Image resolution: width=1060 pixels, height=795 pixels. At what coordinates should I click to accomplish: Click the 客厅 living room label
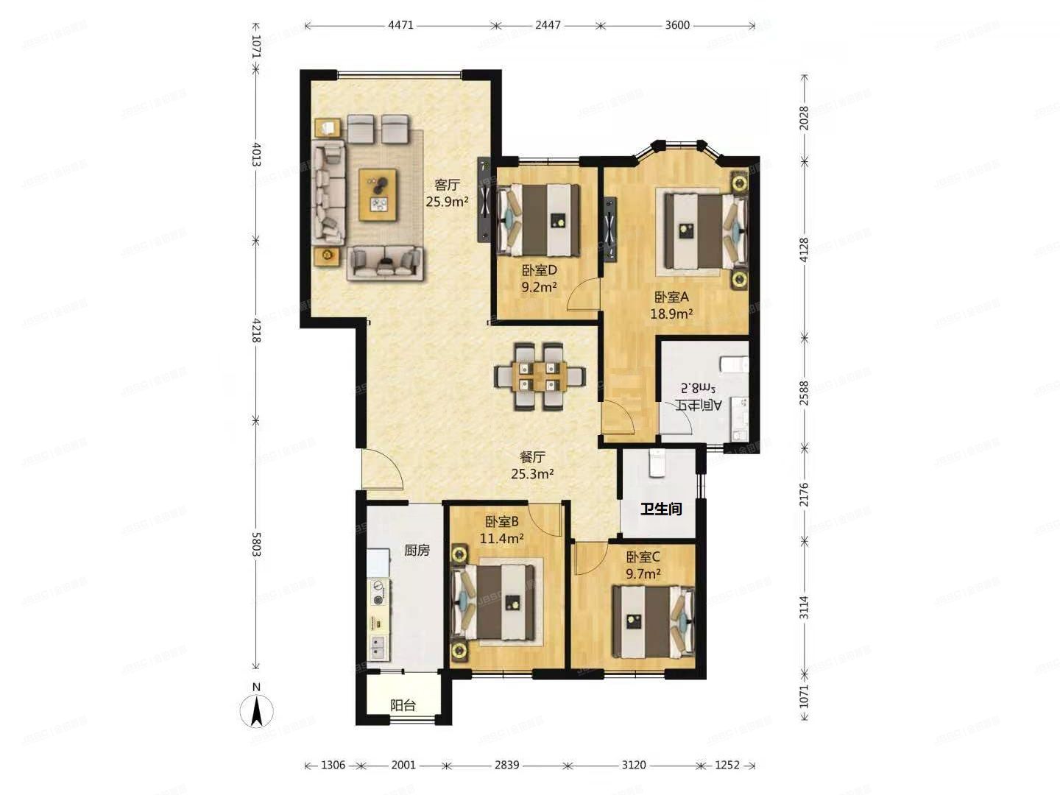click(x=447, y=185)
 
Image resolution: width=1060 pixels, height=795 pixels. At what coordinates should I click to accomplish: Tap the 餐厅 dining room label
click(x=532, y=457)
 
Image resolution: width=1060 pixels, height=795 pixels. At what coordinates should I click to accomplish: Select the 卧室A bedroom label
click(x=671, y=297)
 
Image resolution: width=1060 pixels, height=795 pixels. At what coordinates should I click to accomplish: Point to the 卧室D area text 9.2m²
click(x=539, y=287)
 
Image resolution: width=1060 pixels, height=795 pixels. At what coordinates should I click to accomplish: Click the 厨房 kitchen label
click(x=417, y=550)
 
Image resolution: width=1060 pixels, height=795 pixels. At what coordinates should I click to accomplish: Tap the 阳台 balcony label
click(x=403, y=705)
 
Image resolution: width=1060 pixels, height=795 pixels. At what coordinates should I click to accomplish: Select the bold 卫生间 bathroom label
click(x=660, y=509)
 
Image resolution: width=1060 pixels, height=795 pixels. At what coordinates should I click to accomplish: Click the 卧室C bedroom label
click(x=643, y=557)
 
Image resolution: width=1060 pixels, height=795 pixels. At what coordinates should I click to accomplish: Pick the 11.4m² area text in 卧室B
click(x=501, y=538)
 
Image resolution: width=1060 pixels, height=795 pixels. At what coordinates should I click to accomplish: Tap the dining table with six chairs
click(x=540, y=375)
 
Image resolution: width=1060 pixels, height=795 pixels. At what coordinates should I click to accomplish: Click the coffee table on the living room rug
click(x=378, y=194)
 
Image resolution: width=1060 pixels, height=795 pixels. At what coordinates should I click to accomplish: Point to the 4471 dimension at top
click(x=400, y=25)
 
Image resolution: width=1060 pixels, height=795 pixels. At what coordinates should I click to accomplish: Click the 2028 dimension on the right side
click(x=805, y=119)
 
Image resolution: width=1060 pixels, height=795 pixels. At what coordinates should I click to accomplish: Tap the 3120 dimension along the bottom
click(x=633, y=765)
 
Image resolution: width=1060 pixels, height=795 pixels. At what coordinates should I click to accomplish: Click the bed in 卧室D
click(x=539, y=219)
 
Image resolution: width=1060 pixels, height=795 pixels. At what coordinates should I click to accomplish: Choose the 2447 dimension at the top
click(x=548, y=25)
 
